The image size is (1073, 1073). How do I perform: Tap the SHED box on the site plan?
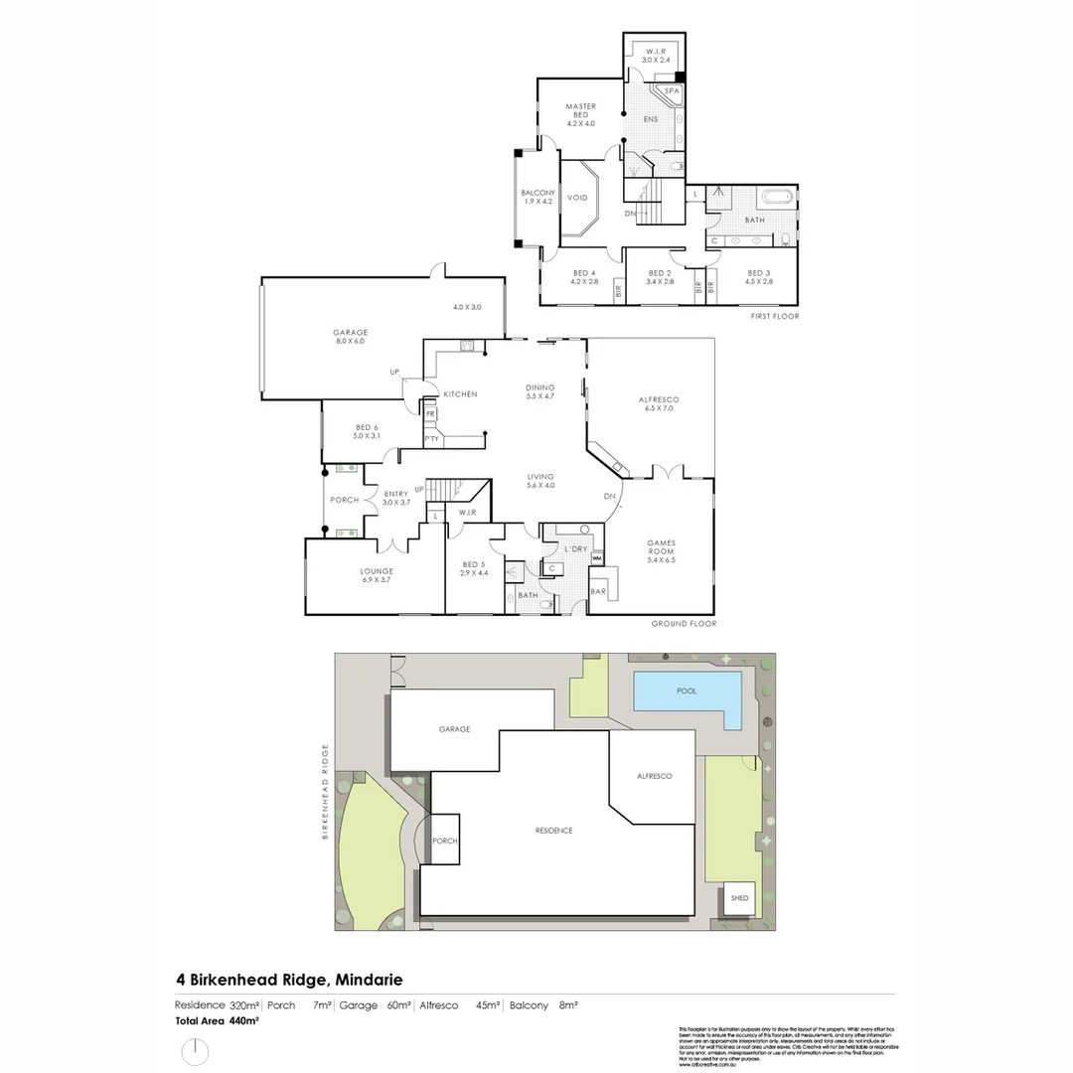[x=739, y=898]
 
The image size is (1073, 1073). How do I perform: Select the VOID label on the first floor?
[x=577, y=198]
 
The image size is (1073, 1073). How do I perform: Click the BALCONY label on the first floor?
[x=537, y=197]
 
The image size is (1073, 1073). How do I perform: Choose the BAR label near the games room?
[x=598, y=591]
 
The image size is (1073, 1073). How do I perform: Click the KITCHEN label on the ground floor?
[x=460, y=394]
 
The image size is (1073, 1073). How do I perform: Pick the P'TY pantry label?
[x=431, y=438]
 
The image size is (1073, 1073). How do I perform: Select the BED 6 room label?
[x=367, y=431]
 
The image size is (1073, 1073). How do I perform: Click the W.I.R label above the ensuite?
[x=654, y=55]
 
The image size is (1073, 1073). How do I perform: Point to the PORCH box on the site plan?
[x=445, y=841]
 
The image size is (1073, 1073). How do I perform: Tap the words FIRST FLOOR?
[x=775, y=316]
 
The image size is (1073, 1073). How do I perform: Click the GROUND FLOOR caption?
[x=684, y=624]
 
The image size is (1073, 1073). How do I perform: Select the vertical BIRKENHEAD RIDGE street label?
[x=324, y=792]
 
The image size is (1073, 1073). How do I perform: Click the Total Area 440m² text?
[x=217, y=1020]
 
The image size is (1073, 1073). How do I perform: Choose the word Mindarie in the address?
[x=370, y=979]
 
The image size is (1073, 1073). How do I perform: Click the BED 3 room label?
[x=758, y=277]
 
